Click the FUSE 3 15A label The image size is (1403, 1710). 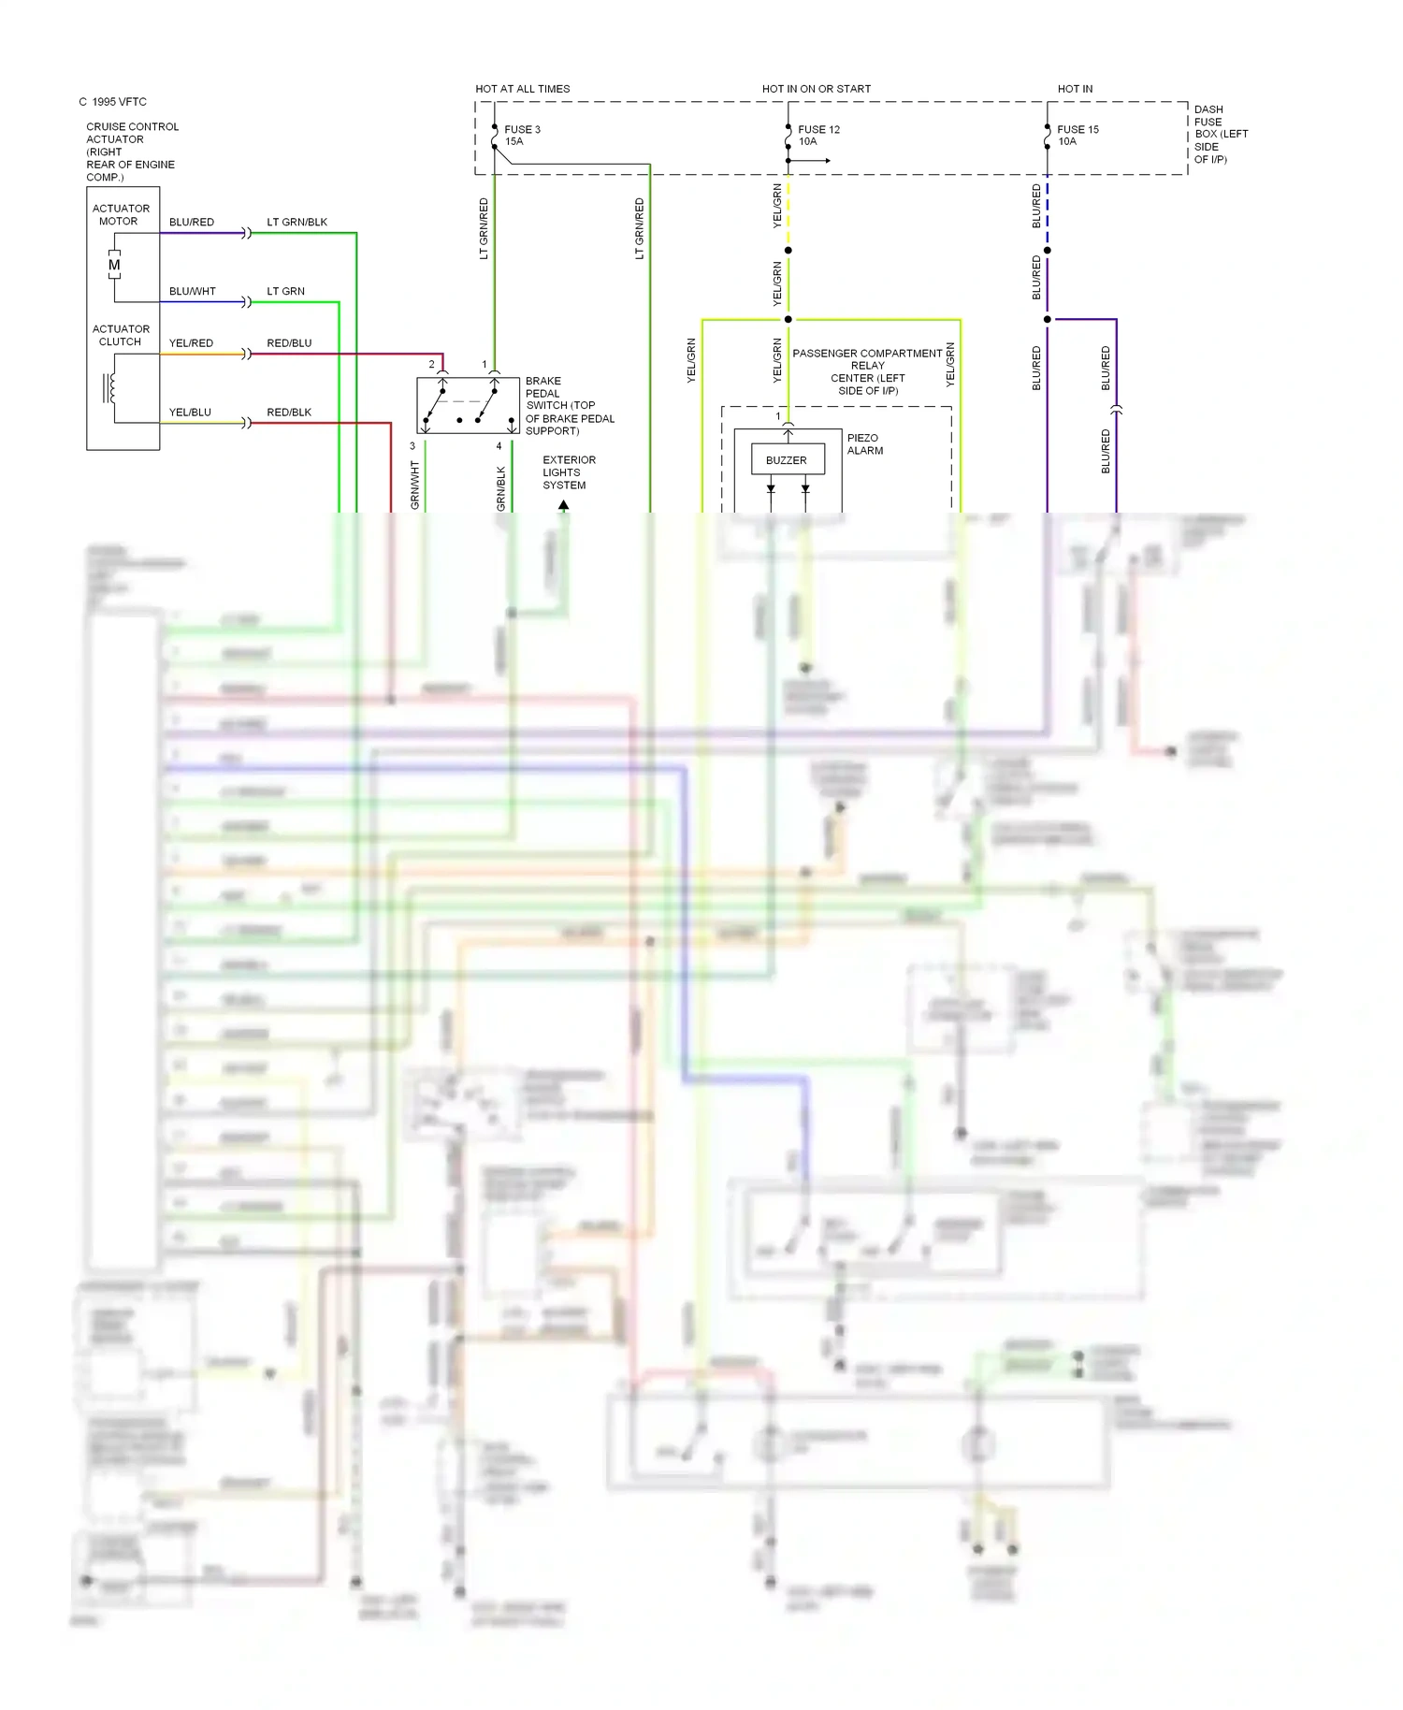click(x=522, y=136)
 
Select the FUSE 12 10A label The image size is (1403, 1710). click(x=817, y=136)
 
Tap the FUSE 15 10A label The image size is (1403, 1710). click(x=1077, y=136)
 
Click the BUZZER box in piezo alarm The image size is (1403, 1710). click(x=786, y=460)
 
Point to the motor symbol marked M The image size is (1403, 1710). click(x=114, y=266)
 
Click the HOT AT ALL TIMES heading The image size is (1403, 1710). click(x=522, y=89)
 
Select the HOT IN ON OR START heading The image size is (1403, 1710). click(x=816, y=89)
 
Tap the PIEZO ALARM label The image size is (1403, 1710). click(x=864, y=444)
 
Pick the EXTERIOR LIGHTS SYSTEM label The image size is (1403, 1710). click(x=568, y=472)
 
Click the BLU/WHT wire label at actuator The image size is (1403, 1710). click(x=192, y=292)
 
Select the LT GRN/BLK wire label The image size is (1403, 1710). click(x=297, y=223)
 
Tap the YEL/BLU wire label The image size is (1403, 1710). click(x=190, y=413)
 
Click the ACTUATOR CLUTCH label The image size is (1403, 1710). click(x=121, y=336)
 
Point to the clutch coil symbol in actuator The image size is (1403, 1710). click(x=110, y=388)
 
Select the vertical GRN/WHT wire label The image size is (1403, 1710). click(x=414, y=485)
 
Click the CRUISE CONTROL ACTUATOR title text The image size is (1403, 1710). click(x=132, y=152)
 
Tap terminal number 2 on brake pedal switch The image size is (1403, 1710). click(x=431, y=364)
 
